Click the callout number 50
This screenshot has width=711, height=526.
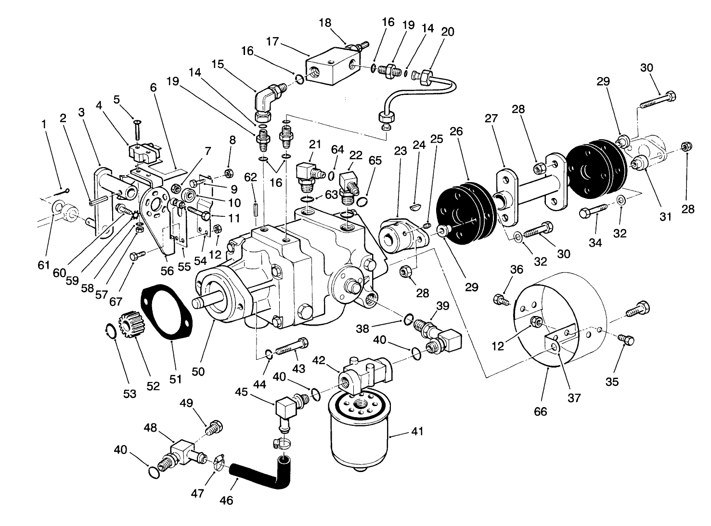tap(198, 371)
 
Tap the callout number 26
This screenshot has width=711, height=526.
tap(456, 132)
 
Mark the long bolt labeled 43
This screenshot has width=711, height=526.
tap(291, 348)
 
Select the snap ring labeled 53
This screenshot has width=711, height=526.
tap(110, 332)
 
